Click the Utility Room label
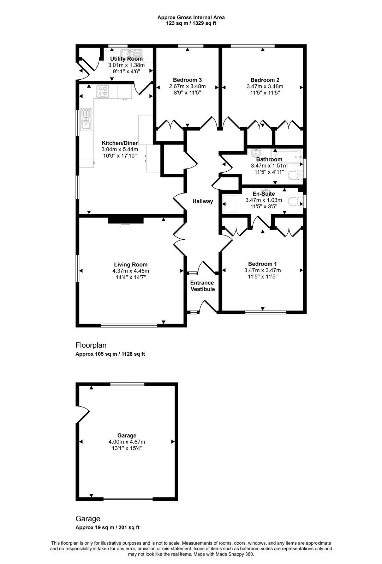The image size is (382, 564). pos(126,59)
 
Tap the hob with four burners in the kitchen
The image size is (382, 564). pos(103,91)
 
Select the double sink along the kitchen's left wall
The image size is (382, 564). pos(86,119)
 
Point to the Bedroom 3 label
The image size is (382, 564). pos(187,80)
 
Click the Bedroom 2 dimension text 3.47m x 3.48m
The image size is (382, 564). pos(265,86)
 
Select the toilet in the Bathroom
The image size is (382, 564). pos(295,175)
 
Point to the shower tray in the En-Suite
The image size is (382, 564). pos(230,204)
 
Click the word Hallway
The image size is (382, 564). pos(203,201)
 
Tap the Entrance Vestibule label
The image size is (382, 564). pos(202,286)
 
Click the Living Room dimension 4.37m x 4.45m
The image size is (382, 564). pos(131,271)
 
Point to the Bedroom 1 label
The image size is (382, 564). pos(262,264)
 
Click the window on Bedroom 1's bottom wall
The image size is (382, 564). pos(266,312)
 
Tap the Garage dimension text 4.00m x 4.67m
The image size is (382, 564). pos(127,442)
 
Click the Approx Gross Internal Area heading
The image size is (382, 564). pos(191,18)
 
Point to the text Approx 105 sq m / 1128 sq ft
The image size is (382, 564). pos(110,354)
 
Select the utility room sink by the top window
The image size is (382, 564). pos(131,54)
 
